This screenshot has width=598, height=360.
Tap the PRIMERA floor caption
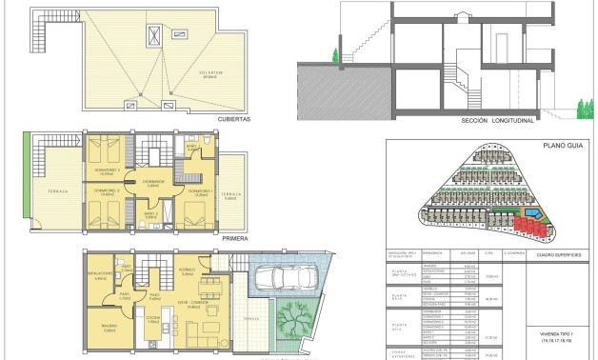pos(233,238)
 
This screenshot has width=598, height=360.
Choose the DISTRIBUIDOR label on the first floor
pos(153,181)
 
